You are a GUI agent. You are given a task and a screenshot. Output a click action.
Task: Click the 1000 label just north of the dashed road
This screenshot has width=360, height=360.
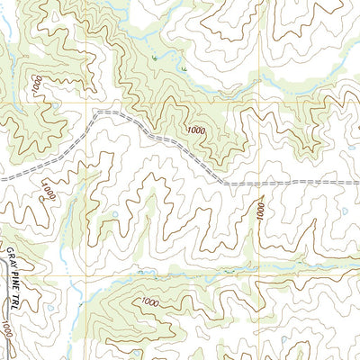(x=196, y=131)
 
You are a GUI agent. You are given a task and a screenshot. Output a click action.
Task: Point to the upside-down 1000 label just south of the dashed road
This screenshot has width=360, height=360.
(x=47, y=190)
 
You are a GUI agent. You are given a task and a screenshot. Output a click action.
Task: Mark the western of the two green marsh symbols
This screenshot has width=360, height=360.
(x=156, y=58)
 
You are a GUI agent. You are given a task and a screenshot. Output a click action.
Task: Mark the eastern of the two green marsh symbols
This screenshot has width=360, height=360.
(x=183, y=68)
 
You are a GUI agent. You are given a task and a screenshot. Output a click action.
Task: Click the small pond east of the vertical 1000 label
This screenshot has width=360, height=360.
(x=345, y=211)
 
